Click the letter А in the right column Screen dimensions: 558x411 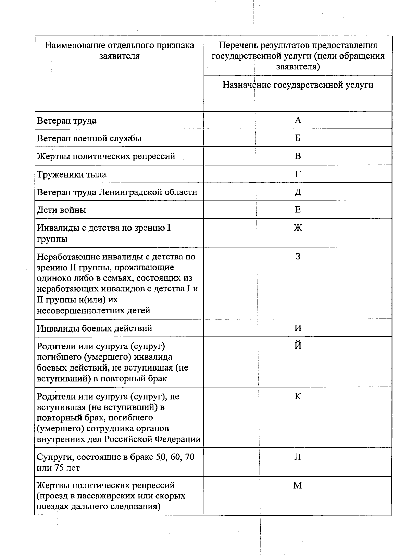(x=298, y=120)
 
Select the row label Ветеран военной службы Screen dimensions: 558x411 (x=89, y=139)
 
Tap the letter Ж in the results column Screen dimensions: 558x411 (x=298, y=228)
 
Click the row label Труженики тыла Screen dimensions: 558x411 (x=72, y=174)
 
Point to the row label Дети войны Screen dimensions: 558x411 (x=61, y=210)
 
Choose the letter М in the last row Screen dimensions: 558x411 (x=297, y=485)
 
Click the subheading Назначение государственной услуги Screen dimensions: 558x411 (x=298, y=85)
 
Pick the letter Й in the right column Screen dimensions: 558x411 (x=298, y=345)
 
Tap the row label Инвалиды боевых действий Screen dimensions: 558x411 (x=94, y=328)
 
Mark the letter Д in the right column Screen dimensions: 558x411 (x=298, y=192)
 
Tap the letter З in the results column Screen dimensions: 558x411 (x=298, y=256)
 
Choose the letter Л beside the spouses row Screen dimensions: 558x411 (x=298, y=457)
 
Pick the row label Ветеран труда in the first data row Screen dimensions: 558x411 (x=66, y=121)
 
